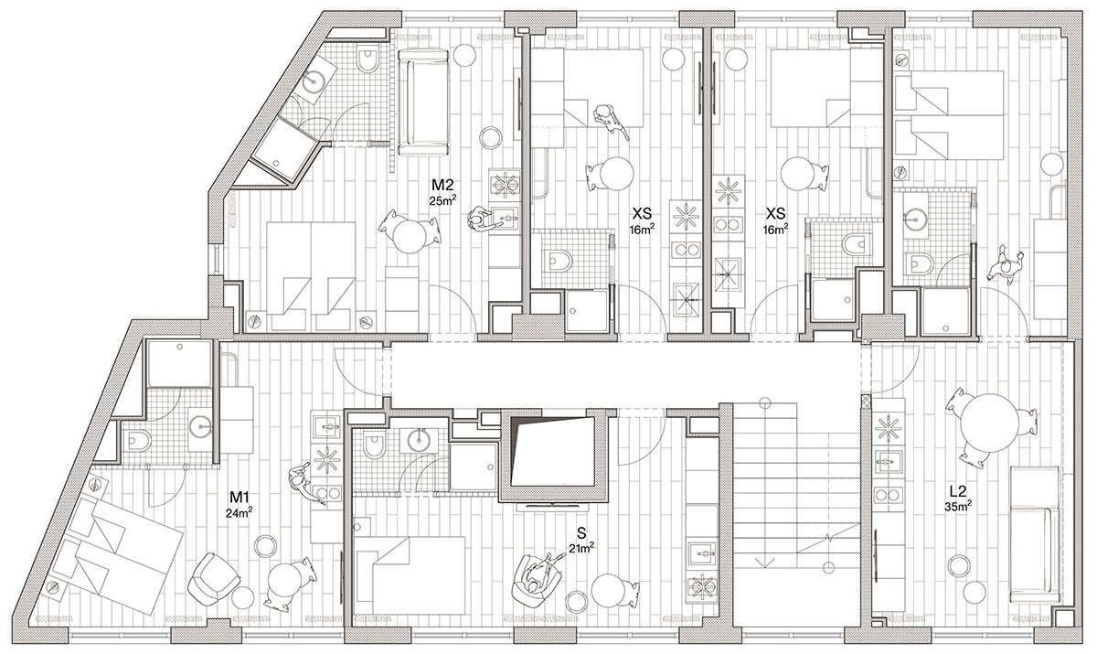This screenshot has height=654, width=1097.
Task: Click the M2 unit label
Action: [442, 185]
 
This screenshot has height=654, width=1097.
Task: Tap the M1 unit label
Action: [240, 498]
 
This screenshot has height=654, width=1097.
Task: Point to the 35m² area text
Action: [958, 506]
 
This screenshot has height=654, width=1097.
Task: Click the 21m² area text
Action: [581, 548]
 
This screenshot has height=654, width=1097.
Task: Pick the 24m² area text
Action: [240, 512]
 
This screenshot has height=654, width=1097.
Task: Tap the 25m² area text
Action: [442, 200]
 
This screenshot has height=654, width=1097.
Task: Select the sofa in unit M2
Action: [423, 102]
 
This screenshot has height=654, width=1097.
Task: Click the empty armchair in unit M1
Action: [213, 579]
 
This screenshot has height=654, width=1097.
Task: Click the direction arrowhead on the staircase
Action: [762, 562]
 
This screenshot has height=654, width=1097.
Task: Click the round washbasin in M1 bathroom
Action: [200, 426]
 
